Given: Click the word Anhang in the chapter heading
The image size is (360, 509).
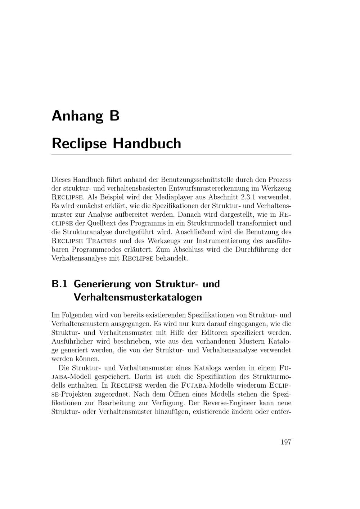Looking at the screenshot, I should (75, 116).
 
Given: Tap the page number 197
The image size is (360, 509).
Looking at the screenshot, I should (286, 442).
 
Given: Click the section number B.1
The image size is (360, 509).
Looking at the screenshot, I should (59, 284).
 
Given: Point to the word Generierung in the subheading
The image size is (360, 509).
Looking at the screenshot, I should (102, 284).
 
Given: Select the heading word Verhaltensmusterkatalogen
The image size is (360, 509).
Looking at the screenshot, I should (138, 298).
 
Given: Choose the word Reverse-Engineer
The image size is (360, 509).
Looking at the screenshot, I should (230, 402).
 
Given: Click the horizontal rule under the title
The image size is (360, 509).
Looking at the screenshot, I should (171, 154).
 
